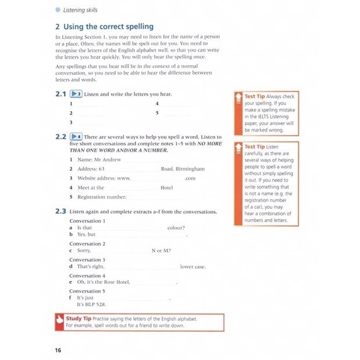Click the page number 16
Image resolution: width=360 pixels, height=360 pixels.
click(58, 350)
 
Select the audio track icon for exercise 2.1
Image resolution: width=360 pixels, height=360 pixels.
click(75, 94)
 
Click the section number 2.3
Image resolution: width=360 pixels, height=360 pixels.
click(60, 212)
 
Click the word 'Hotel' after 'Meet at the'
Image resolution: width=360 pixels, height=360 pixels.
click(167, 188)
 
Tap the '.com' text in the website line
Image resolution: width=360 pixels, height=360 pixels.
click(190, 179)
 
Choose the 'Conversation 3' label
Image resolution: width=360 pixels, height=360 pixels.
click(87, 260)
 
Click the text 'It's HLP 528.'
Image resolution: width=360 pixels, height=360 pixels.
click(92, 304)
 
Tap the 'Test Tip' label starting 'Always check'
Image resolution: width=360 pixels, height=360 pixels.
click(255, 96)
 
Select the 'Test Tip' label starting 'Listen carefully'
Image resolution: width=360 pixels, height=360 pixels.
click(255, 147)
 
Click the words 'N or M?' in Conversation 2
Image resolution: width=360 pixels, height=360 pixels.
click(161, 251)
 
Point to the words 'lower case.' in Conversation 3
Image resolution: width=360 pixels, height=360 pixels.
click(193, 267)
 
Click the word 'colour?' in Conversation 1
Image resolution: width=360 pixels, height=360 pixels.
click(176, 228)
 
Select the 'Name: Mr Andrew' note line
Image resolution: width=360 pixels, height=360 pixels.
click(98, 159)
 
